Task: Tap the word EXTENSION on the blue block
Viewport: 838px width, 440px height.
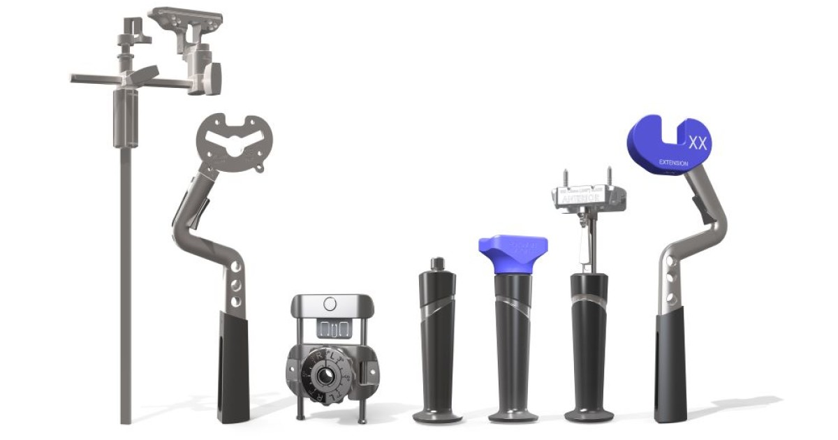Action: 674,163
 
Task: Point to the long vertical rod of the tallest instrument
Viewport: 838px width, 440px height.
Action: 126,279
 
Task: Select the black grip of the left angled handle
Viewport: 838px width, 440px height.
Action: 233,367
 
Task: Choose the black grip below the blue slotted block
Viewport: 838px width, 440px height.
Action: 670,367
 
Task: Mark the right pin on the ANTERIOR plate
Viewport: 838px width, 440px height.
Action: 609,175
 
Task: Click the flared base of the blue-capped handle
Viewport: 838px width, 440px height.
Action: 513,415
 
